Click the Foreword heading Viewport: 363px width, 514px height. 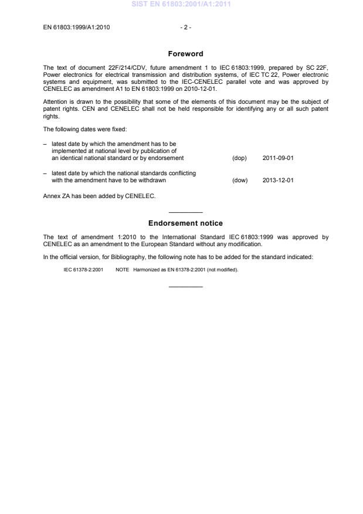coord(185,54)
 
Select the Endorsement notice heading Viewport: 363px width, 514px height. coord(185,223)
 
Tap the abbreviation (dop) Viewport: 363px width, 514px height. coord(239,158)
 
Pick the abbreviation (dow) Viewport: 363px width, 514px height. coord(240,180)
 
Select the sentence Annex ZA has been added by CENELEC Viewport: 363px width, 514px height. coord(99,196)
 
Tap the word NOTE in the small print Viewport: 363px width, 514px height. coord(122,270)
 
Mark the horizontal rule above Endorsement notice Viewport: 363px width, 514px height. coord(185,212)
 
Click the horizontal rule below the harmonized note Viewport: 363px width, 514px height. coord(185,286)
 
